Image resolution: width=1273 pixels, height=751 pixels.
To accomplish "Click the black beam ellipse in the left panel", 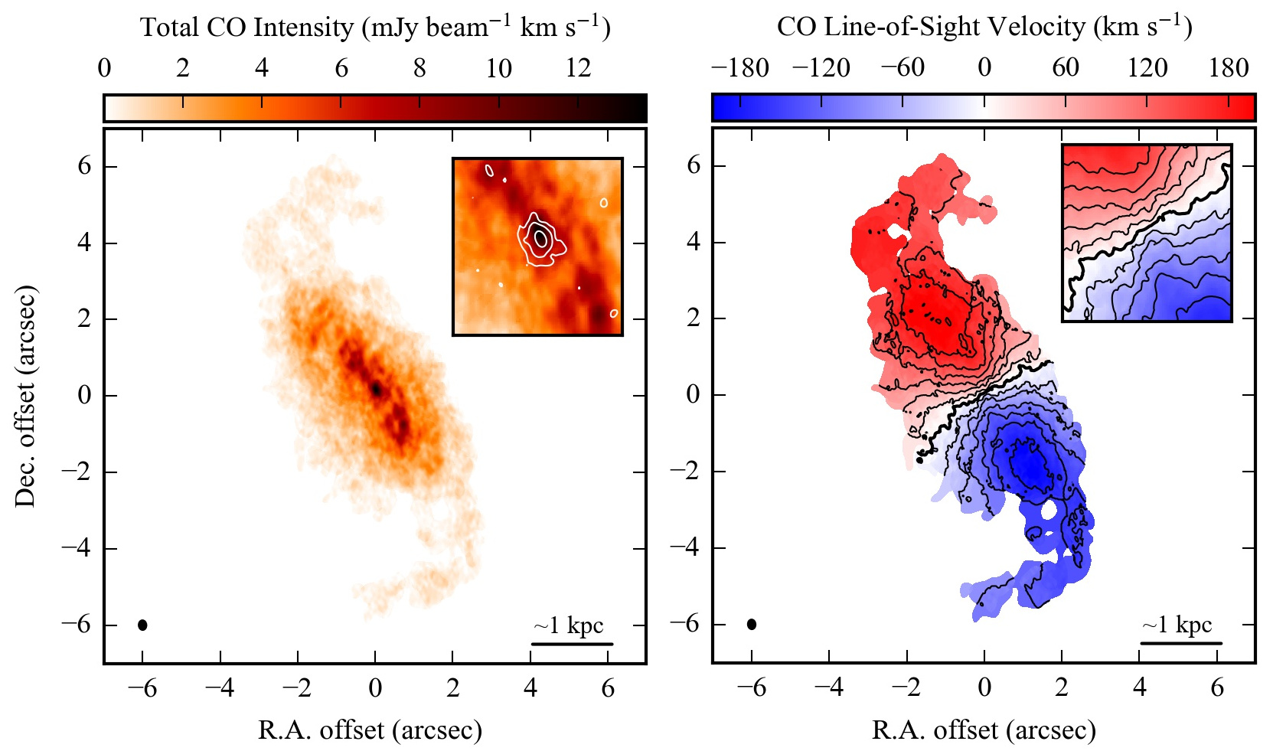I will pyautogui.click(x=142, y=625).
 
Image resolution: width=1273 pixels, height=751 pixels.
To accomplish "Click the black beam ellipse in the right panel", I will pyautogui.click(x=752, y=624).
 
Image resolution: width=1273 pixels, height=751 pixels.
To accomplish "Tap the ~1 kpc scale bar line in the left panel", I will pyautogui.click(x=572, y=644).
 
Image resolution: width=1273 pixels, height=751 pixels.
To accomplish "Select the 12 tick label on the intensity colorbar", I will pyautogui.click(x=579, y=68).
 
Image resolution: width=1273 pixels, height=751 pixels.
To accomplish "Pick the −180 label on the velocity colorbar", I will pyautogui.click(x=739, y=68).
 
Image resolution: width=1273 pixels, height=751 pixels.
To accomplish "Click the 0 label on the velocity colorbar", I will pyautogui.click(x=984, y=68).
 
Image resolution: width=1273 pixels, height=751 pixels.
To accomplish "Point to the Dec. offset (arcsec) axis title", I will pyautogui.click(x=25, y=397).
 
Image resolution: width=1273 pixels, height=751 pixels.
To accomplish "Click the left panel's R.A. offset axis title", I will pyautogui.click(x=370, y=730).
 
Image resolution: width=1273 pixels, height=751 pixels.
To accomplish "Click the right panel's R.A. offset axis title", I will pyautogui.click(x=984, y=730).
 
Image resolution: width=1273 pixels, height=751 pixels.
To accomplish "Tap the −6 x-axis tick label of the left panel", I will pyautogui.click(x=142, y=688).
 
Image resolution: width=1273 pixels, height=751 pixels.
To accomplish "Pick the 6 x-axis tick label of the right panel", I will pyautogui.click(x=1217, y=687).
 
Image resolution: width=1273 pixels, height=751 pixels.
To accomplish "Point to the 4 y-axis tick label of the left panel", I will pyautogui.click(x=84, y=243).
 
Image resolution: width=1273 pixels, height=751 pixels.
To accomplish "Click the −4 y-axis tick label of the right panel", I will pyautogui.click(x=686, y=547).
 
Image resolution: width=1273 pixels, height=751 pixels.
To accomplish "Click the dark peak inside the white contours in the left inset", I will pyautogui.click(x=540, y=238).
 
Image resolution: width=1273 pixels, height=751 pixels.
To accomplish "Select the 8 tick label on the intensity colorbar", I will pyautogui.click(x=419, y=68).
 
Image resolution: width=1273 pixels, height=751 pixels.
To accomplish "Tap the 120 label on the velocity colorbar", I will pyautogui.click(x=1147, y=68).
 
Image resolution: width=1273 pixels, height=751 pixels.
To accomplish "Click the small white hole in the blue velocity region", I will pyautogui.click(x=1049, y=508).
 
